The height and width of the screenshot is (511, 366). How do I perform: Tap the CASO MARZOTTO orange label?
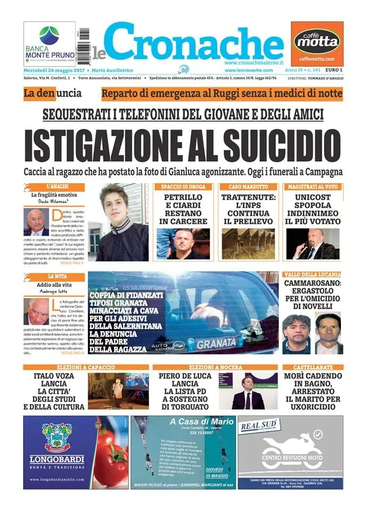[248, 187]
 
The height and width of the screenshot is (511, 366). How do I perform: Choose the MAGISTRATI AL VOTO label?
[313, 187]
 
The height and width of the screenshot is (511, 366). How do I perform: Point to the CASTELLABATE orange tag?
[312, 367]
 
